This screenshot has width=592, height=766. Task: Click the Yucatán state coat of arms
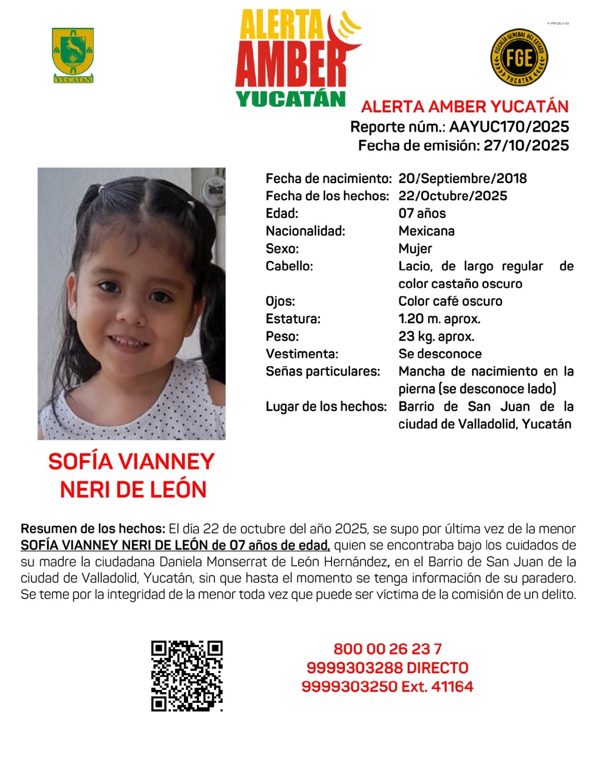point(73,55)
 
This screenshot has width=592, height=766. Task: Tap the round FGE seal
point(519,58)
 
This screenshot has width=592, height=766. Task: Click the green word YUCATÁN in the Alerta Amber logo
point(291,99)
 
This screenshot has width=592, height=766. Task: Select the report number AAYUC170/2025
point(509,127)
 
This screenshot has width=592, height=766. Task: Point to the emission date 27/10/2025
point(526,146)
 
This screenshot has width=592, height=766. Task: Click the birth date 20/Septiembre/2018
point(462,179)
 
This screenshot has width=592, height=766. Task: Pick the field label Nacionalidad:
point(305,231)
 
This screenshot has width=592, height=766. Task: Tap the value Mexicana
point(426,231)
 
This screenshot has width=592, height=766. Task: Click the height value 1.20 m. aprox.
point(439,319)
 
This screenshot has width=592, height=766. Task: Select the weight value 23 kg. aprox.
point(436,337)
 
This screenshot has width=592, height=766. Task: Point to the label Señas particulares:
point(323,372)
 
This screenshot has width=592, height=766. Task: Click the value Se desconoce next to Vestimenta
point(440,354)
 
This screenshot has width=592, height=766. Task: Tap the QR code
point(187,676)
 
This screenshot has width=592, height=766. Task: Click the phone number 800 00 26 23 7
point(387,649)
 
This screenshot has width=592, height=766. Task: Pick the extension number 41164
point(452,687)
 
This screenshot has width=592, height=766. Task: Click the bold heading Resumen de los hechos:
point(93,529)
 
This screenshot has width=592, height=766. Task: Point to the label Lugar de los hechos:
point(326,406)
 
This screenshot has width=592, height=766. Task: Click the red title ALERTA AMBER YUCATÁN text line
point(465,107)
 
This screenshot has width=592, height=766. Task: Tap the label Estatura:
point(293,319)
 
